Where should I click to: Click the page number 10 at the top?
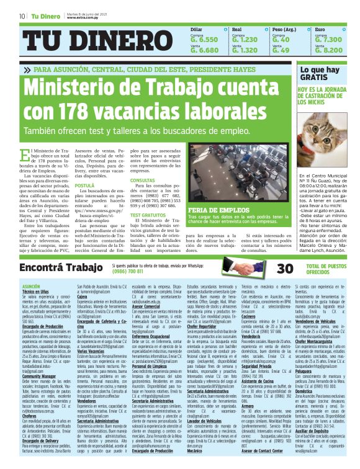(22, 16)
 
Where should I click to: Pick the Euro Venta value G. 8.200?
(329, 50)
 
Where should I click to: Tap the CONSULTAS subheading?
(142, 180)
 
